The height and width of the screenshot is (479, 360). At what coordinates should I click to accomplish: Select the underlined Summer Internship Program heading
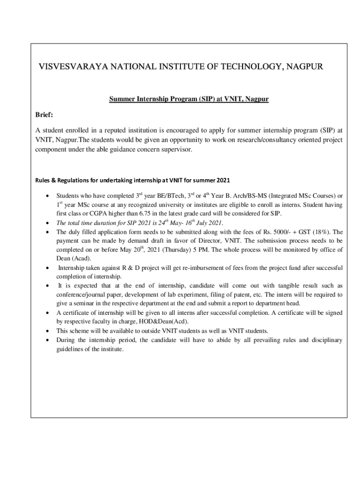click(188, 100)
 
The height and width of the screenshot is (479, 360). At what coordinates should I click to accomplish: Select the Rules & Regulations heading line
click(132, 180)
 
